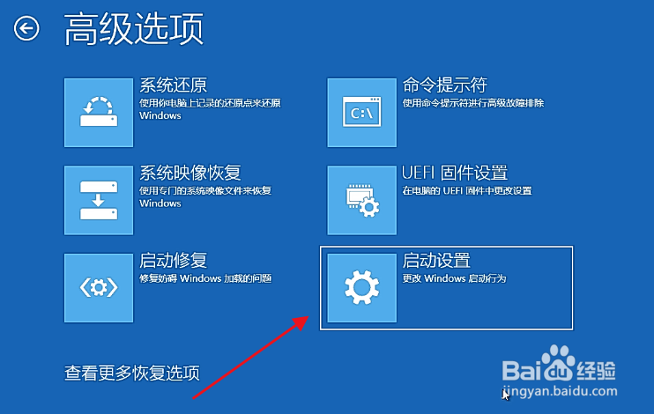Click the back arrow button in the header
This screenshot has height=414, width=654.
pyautogui.click(x=26, y=29)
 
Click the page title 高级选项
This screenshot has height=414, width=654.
pyautogui.click(x=134, y=28)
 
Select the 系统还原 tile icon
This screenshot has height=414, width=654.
pyautogui.click(x=99, y=113)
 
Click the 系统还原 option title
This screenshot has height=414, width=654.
pyautogui.click(x=173, y=85)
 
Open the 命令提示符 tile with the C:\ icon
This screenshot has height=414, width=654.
pyautogui.click(x=361, y=113)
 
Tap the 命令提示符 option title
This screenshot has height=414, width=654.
pyautogui.click(x=445, y=85)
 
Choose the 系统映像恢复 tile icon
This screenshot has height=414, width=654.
pyautogui.click(x=99, y=200)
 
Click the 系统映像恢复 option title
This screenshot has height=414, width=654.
pyautogui.click(x=190, y=173)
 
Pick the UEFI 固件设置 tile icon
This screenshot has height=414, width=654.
pyautogui.click(x=361, y=200)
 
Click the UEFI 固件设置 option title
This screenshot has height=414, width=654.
pyautogui.click(x=455, y=173)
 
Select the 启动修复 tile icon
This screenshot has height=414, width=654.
pyautogui.click(x=99, y=288)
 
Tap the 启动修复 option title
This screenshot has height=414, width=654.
pyautogui.click(x=173, y=261)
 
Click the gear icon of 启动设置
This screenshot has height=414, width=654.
pyautogui.click(x=361, y=288)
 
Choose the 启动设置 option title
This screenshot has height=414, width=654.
pyautogui.click(x=436, y=261)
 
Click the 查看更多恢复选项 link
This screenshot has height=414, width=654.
pyautogui.click(x=132, y=373)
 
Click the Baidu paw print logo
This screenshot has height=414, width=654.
pyautogui.click(x=558, y=363)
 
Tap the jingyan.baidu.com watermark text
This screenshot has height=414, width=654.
pyautogui.click(x=560, y=391)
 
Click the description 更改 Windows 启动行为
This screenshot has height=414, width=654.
pyautogui.click(x=454, y=278)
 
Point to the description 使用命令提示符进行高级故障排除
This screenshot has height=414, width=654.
pyautogui.click(x=473, y=103)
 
